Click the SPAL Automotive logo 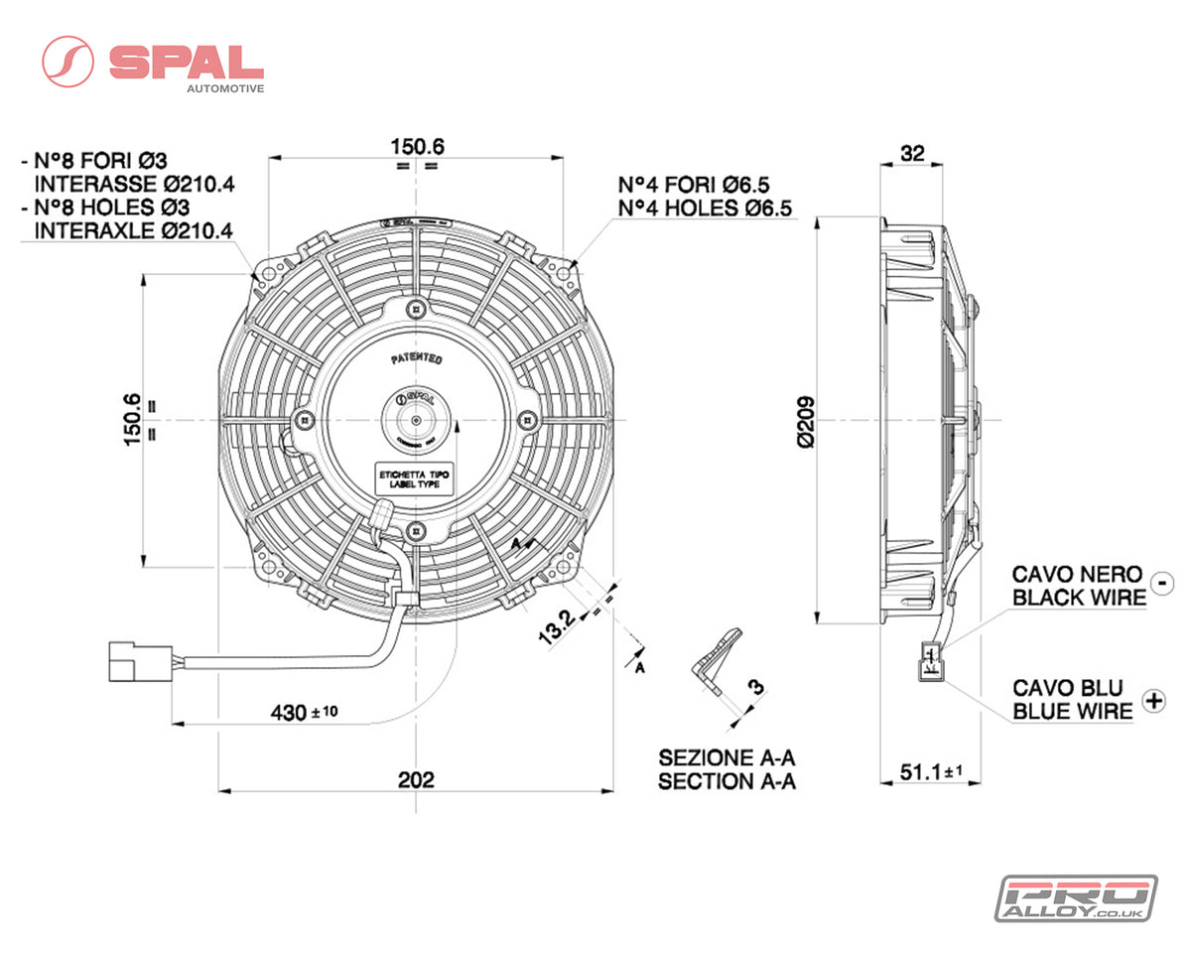(154, 63)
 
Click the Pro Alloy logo (1076, 897)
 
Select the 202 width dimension (416, 779)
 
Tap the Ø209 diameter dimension (805, 422)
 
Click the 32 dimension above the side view (911, 153)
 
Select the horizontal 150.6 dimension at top (417, 146)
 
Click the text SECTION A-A (727, 781)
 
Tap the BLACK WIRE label (1078, 597)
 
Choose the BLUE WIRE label (1072, 711)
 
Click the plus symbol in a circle (1153, 700)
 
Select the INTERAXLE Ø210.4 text (133, 229)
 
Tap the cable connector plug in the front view (129, 662)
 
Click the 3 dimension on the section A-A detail (755, 686)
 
